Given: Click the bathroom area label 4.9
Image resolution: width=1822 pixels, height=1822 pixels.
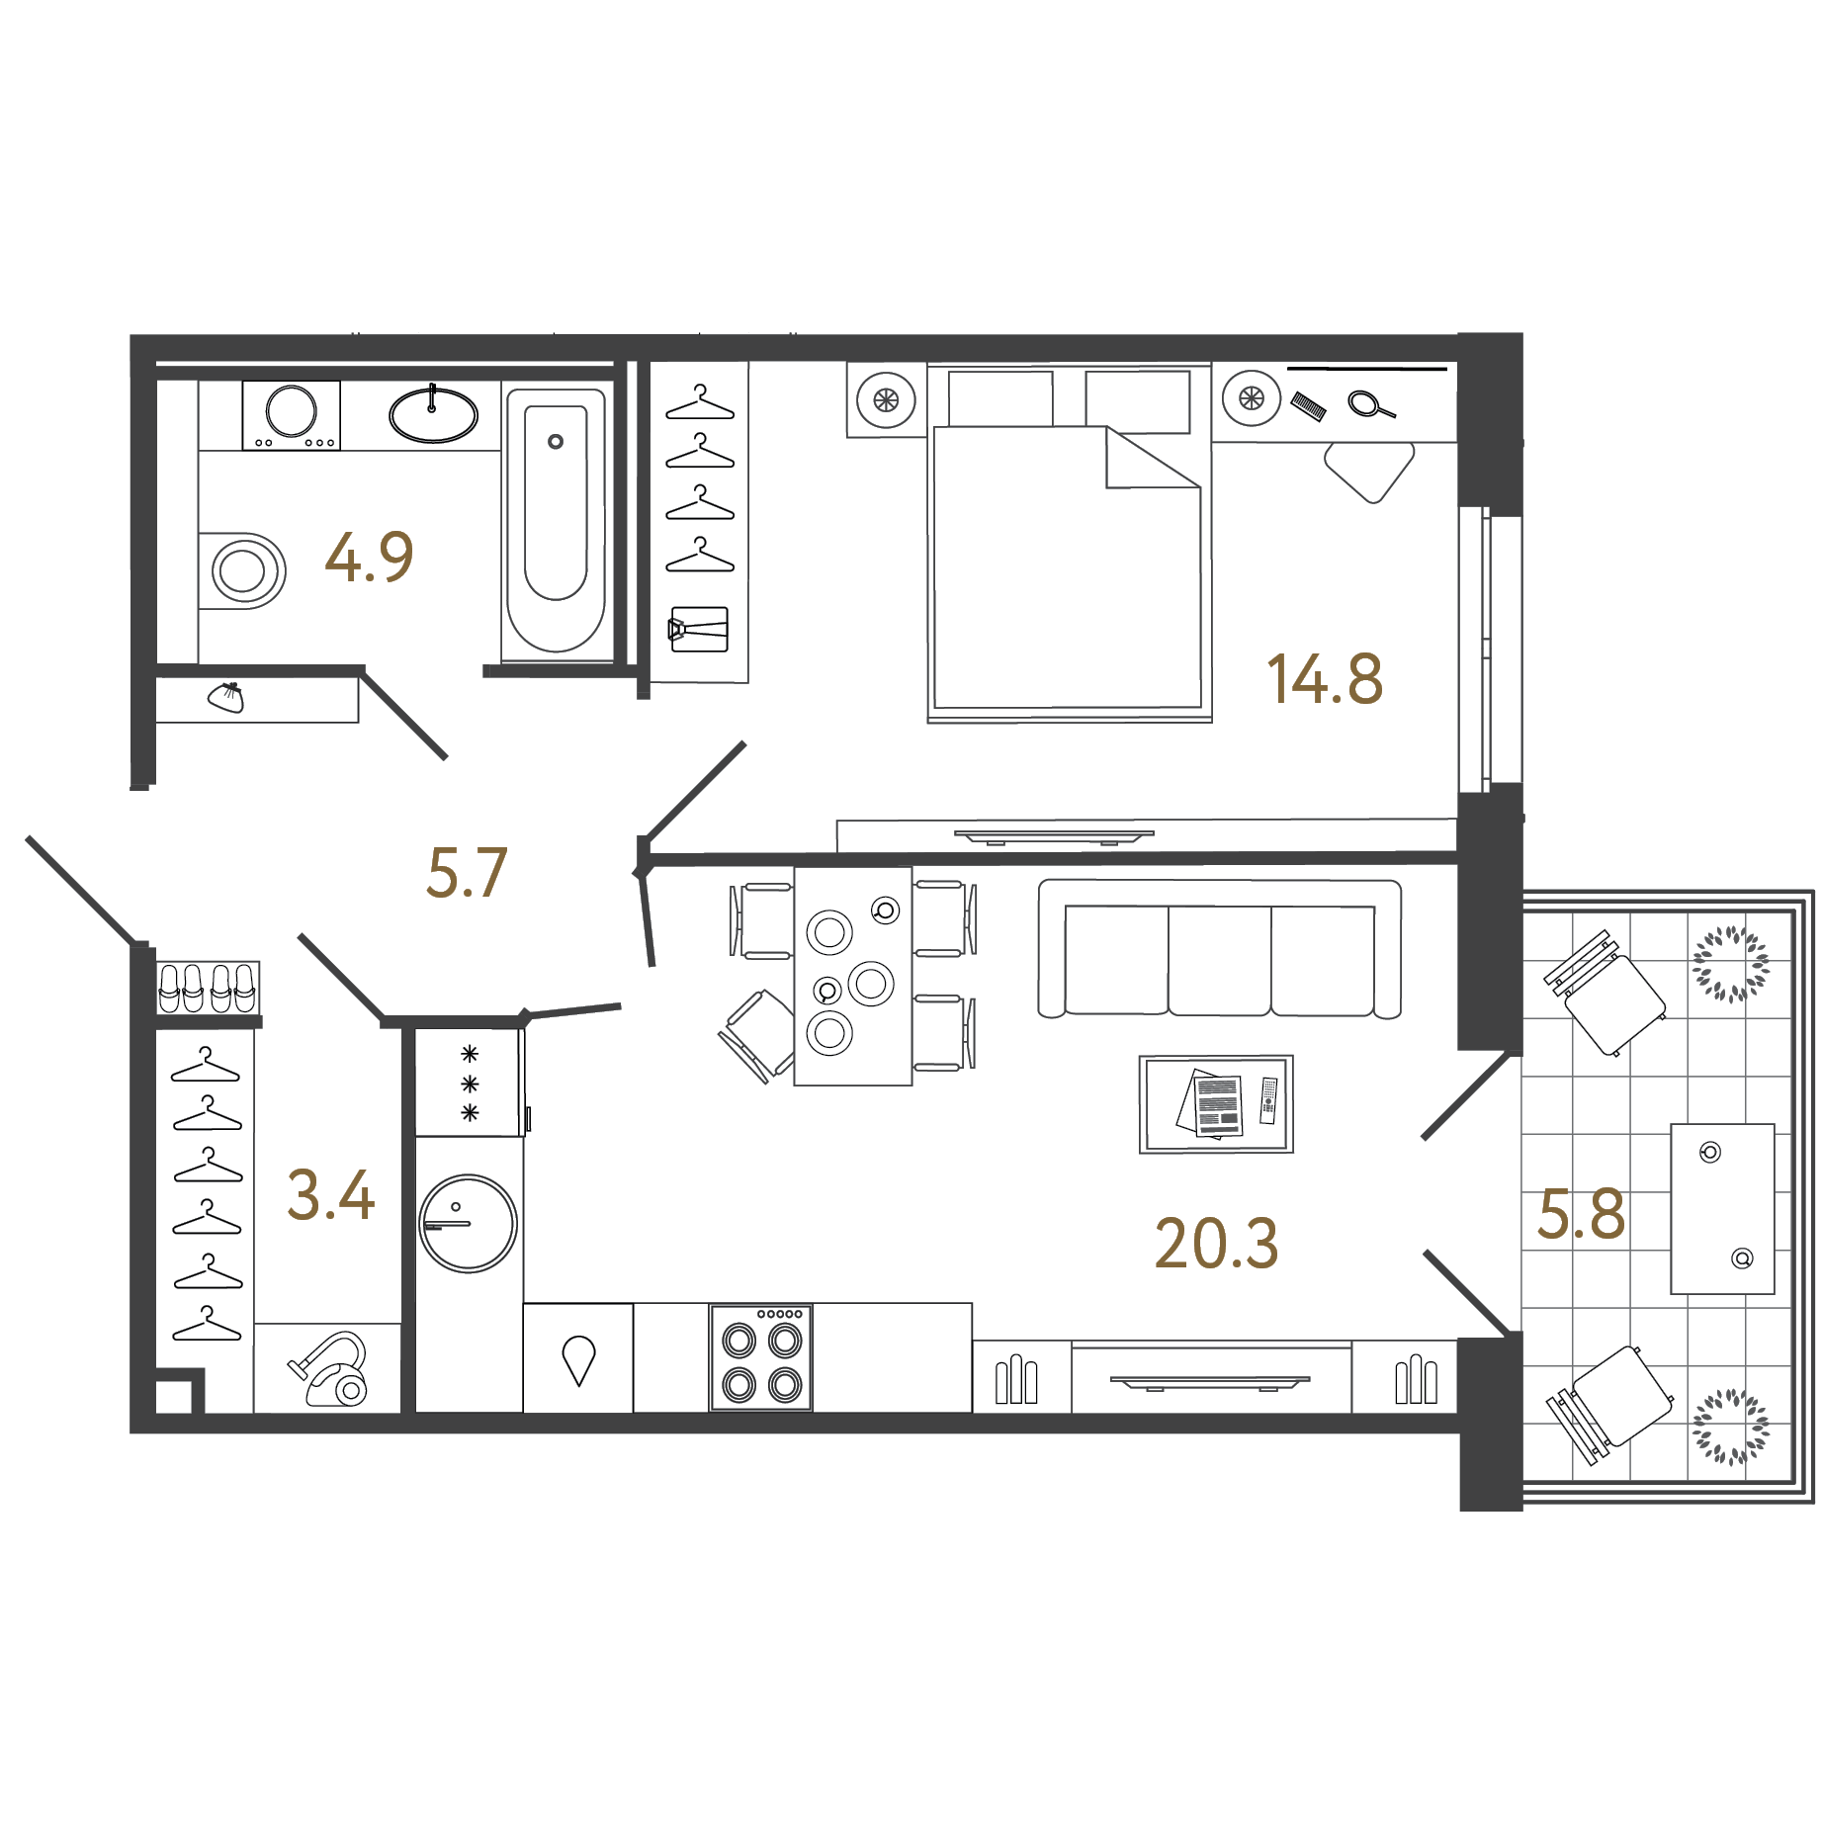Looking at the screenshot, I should [x=369, y=558].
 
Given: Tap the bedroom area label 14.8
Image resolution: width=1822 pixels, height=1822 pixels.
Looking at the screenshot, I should [x=1324, y=680].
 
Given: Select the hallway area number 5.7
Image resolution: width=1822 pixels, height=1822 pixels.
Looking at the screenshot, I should [x=467, y=874].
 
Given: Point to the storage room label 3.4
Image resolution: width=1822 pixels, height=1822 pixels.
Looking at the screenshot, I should [x=330, y=1195].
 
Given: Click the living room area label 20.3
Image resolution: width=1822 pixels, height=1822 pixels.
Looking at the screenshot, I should [x=1216, y=1244].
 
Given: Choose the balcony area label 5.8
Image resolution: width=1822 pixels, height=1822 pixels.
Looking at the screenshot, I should [x=1581, y=1215].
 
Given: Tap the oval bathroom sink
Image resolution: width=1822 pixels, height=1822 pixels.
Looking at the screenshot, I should [x=433, y=414].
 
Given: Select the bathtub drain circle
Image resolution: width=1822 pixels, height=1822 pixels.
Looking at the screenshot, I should [x=556, y=442].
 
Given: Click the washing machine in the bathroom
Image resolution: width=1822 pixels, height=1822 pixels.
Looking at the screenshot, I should [x=292, y=414].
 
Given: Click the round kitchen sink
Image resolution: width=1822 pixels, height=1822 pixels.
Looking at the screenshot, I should [x=468, y=1223].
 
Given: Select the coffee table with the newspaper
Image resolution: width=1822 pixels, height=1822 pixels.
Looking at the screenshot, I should [x=1216, y=1104].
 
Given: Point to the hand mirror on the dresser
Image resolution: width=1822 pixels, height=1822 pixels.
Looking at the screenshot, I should [x=1369, y=404].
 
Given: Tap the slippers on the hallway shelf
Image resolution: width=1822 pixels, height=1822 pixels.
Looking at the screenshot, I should [x=209, y=987].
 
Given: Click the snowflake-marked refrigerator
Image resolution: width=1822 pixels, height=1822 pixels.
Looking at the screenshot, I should [x=469, y=1083].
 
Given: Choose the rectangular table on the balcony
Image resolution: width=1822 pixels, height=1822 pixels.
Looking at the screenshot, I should [x=1722, y=1208].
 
